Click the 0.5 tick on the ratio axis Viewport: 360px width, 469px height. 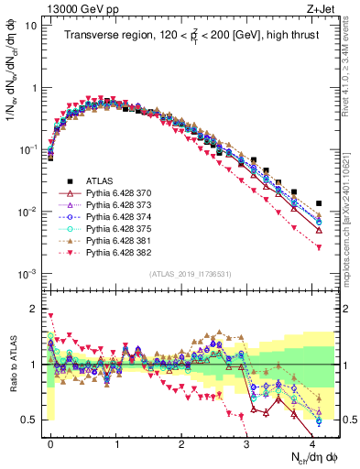[x=32, y=420]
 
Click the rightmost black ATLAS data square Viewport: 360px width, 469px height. [x=319, y=203]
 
